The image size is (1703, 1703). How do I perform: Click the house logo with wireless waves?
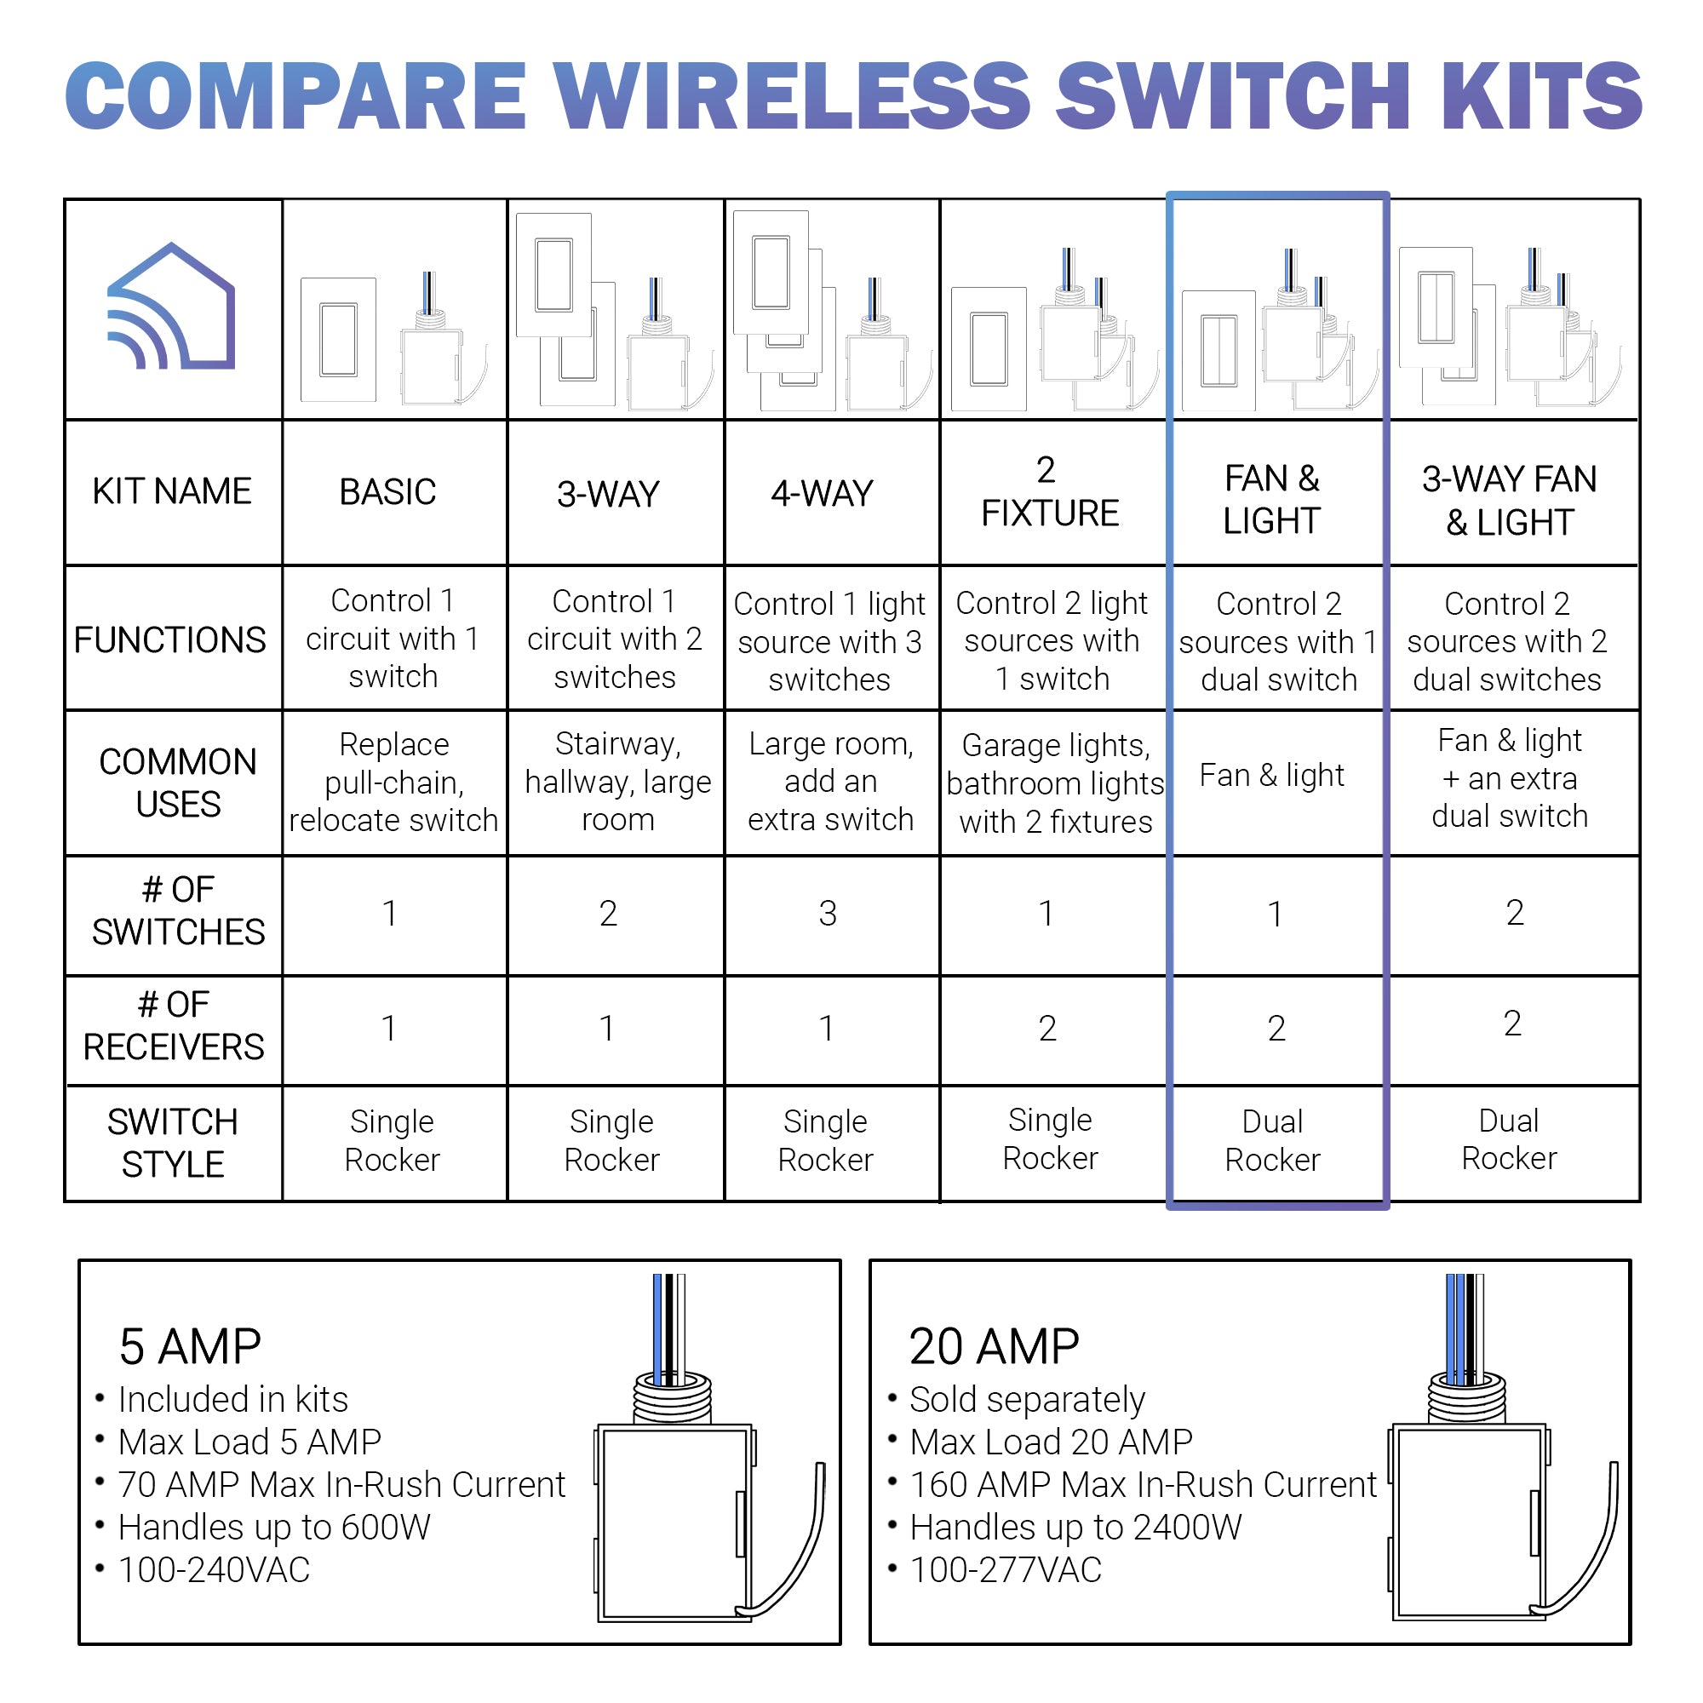coord(171,306)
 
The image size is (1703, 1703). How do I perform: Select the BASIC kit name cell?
coord(387,492)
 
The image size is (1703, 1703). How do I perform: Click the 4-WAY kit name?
coord(823,494)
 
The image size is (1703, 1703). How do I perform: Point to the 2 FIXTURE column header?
coord(1050,492)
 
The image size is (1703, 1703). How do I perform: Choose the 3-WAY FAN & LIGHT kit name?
coord(1509,501)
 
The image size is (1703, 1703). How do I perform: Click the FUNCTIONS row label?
coord(170,640)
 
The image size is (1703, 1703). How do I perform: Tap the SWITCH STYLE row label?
coord(173,1144)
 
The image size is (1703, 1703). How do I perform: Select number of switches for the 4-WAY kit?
coord(828,913)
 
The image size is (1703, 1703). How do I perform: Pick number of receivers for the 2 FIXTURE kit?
coord(1047,1029)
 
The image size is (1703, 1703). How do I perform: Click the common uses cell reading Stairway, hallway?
coord(618,782)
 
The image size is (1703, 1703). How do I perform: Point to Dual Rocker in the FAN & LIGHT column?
coord(1273,1141)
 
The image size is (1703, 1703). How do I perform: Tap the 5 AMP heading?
coord(191,1346)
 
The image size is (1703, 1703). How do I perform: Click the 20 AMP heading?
coord(995,1346)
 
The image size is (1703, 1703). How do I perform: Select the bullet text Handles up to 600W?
coord(274,1528)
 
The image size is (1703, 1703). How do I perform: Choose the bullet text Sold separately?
coord(1027,1400)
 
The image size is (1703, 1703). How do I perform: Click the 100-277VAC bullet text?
coord(1006,1570)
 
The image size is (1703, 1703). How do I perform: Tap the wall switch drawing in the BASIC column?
coord(339,341)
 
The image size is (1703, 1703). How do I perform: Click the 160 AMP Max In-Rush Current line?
coord(1144,1484)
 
